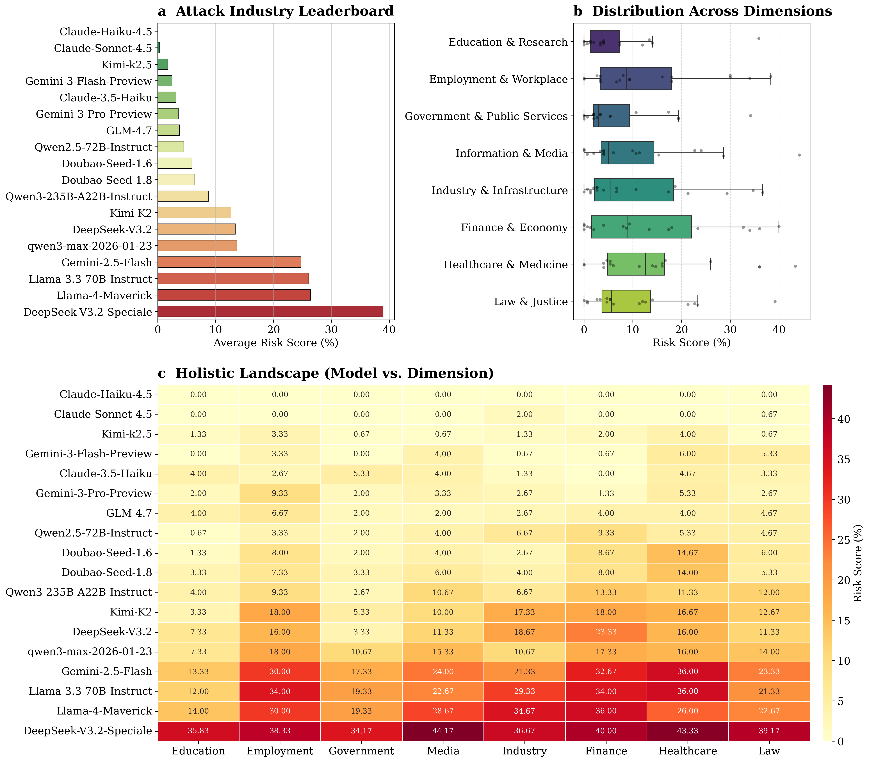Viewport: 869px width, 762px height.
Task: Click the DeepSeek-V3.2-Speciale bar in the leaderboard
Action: tap(270, 312)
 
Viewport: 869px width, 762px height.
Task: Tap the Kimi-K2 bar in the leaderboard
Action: tap(194, 213)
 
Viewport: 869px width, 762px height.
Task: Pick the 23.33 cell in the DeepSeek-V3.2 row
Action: tap(606, 632)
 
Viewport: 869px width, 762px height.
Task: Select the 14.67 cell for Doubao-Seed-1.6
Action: tap(688, 553)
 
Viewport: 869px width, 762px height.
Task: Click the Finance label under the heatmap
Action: tap(606, 751)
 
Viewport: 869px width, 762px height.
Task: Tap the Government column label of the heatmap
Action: tap(361, 751)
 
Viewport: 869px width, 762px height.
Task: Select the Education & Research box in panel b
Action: tap(605, 42)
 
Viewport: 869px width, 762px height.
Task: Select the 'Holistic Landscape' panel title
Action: tap(334, 373)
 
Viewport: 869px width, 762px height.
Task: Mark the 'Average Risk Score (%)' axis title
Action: tap(276, 343)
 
